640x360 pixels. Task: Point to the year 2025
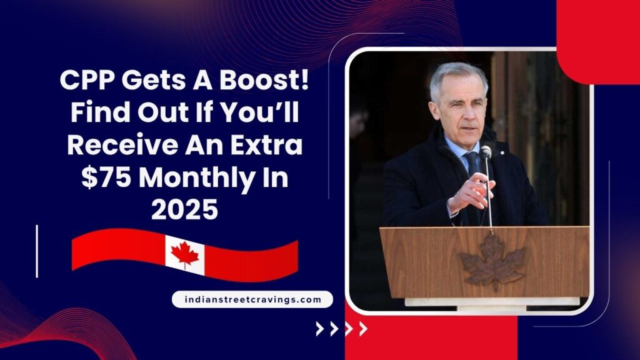coord(184,211)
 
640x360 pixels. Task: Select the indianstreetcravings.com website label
coord(252,299)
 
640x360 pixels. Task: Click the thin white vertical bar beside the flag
coord(37,251)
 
